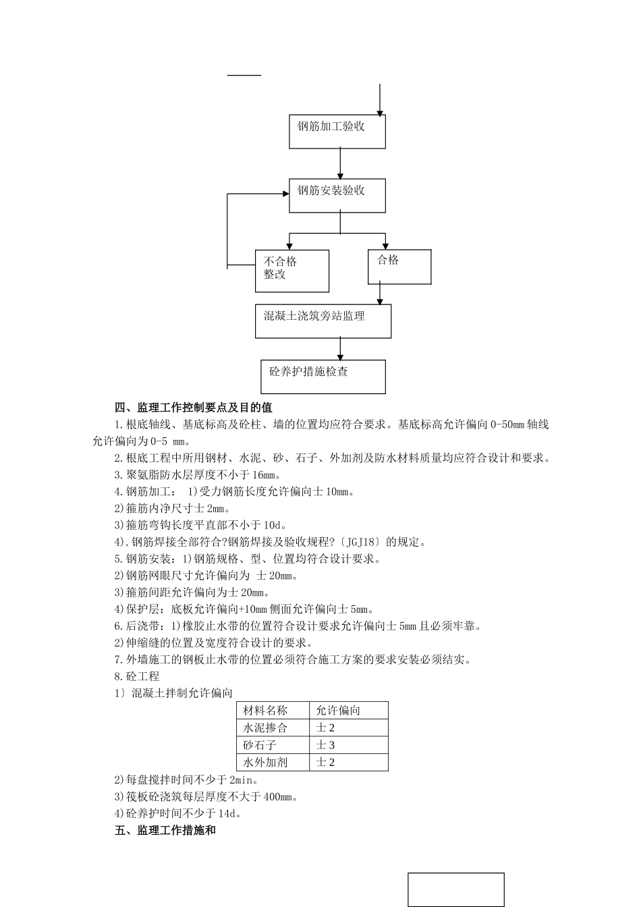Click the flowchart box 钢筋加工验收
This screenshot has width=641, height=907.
pyautogui.click(x=337, y=132)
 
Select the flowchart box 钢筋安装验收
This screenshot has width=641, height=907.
pyautogui.click(x=337, y=196)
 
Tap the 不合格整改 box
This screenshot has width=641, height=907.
pyautogui.click(x=291, y=271)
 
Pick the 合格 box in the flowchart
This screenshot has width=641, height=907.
pyautogui.click(x=399, y=267)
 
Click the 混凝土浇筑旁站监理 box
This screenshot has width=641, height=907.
pyautogui.click(x=323, y=321)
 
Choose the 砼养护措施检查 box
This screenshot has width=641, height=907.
pyautogui.click(x=323, y=376)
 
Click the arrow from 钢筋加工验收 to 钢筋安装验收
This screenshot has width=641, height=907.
pyautogui.click(x=340, y=163)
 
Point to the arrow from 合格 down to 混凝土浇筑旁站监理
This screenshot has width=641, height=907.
pyautogui.click(x=380, y=294)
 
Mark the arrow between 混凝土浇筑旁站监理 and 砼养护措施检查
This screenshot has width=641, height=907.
pyautogui.click(x=340, y=349)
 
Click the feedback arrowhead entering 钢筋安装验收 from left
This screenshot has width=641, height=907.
pyautogui.click(x=284, y=194)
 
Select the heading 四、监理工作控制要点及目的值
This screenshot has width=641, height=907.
pyautogui.click(x=194, y=408)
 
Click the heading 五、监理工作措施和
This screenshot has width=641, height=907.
pyautogui.click(x=165, y=831)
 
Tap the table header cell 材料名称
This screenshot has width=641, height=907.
pyautogui.click(x=265, y=711)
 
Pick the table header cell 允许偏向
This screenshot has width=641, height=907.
pyautogui.click(x=338, y=711)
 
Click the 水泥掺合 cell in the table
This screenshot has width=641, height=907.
pyautogui.click(x=265, y=728)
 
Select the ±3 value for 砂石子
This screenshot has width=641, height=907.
pyautogui.click(x=326, y=745)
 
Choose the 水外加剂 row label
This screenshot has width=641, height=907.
pyautogui.click(x=265, y=763)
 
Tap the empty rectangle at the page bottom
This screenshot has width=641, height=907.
pyautogui.click(x=455, y=889)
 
